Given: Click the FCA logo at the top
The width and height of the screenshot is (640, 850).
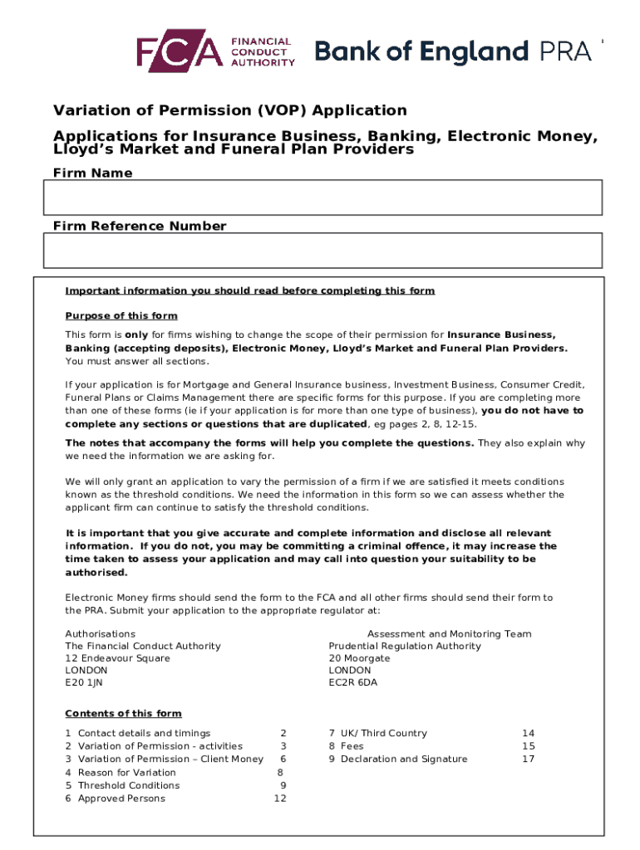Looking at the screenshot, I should coord(215,51).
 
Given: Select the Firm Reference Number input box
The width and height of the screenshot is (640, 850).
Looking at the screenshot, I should coord(322,250).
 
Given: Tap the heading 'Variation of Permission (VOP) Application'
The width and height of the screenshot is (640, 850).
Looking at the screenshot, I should coord(230,110).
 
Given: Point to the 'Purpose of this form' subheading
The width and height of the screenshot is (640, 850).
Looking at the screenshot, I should coord(121,315).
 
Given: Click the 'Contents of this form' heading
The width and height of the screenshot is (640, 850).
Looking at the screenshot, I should coord(123,713).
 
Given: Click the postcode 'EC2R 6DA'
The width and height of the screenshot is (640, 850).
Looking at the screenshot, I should coord(352,682).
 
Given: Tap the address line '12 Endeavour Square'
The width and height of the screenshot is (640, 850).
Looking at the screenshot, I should coord(117,658).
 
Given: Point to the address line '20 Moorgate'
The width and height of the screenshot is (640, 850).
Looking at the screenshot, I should coord(359,658).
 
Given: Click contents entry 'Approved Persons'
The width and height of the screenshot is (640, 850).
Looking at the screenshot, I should coord(121,799).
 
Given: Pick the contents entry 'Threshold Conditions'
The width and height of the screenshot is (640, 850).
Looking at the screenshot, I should coord(128,785).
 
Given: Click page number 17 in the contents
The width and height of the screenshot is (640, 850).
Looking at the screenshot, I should coord(528,759).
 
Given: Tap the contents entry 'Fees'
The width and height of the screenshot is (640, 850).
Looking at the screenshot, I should coord(353,746).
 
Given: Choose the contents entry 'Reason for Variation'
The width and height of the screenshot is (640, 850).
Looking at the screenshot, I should coord(126,772).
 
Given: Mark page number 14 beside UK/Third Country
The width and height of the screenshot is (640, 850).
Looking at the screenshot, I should coord(528,733).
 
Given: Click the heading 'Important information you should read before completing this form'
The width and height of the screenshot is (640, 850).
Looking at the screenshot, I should coord(250,291).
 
